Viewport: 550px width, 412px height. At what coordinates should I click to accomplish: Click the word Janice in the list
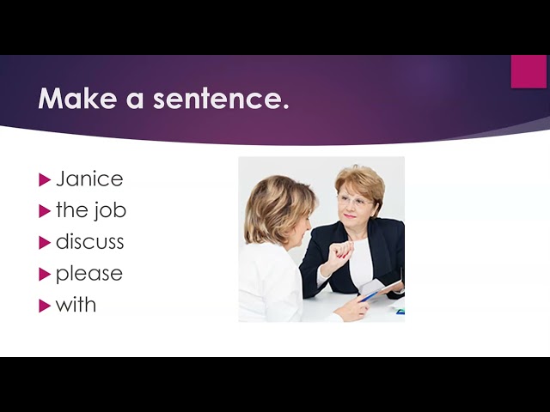89,179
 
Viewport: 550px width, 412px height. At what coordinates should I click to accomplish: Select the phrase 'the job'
91,211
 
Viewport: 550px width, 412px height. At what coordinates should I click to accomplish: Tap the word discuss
89,242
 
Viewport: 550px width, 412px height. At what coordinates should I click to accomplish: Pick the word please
89,274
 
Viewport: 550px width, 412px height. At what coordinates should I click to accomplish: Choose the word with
76,304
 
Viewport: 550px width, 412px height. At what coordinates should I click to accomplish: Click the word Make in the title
77,99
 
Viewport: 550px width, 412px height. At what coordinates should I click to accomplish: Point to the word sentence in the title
221,99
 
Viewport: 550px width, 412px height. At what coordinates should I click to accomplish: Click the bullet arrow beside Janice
45,179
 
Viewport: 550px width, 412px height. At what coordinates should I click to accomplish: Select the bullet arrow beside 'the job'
45,211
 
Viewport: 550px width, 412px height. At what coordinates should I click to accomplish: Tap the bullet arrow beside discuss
45,243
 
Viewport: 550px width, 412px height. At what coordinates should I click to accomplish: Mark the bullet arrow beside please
45,275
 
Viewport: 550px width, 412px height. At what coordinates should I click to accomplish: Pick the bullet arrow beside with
45,306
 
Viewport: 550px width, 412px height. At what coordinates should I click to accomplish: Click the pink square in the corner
529,71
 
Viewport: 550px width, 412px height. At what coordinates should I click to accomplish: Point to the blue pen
369,297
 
